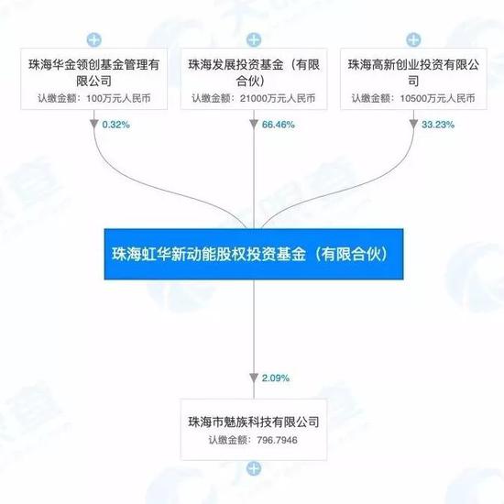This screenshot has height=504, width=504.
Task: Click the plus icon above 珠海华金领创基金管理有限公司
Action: (94, 39)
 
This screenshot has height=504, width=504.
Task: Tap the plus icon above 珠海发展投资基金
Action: (254, 39)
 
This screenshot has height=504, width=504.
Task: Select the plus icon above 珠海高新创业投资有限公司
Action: (413, 39)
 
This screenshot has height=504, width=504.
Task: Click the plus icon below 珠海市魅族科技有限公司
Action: (254, 468)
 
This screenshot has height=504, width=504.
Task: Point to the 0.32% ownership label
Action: (116, 125)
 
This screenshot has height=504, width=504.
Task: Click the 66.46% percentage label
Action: (279, 125)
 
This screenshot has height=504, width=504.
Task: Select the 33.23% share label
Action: (438, 125)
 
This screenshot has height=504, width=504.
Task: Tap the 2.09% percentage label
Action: (276, 378)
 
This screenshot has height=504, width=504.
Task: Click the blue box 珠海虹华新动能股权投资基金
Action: (254, 254)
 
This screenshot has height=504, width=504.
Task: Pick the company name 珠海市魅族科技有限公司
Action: (254, 422)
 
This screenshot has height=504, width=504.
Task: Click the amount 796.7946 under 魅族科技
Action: (277, 440)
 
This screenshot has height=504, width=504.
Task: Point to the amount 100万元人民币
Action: (118, 98)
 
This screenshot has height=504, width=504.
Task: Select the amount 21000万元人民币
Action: (278, 98)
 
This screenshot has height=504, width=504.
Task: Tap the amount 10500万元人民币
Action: (437, 98)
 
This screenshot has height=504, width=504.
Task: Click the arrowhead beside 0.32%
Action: (94, 124)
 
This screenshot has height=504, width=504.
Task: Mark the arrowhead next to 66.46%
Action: (254, 124)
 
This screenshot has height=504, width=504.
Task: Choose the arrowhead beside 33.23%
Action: (413, 124)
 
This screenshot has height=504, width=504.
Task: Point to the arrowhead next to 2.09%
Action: (254, 378)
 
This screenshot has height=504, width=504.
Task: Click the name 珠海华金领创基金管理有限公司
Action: (94, 72)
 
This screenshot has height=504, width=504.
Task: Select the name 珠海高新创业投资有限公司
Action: (413, 72)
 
